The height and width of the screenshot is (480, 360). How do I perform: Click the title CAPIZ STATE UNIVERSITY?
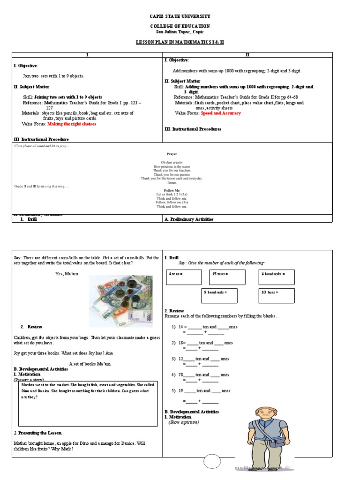(180, 16)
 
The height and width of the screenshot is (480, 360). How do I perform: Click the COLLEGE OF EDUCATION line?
(180, 26)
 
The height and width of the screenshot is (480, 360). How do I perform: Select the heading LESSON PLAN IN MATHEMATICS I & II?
(180, 42)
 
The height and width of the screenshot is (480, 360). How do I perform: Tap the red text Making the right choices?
(72, 124)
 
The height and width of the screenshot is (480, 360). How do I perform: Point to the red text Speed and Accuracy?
(221, 113)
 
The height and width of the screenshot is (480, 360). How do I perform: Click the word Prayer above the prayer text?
(172, 154)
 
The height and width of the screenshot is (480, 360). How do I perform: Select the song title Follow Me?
(172, 190)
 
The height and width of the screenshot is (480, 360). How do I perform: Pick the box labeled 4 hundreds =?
(277, 277)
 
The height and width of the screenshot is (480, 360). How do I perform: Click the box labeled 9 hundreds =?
(219, 295)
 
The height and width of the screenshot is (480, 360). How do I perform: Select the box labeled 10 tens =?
(277, 295)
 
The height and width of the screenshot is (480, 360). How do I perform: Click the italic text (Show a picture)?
(184, 422)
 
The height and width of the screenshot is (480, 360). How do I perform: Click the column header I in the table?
(87, 55)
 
